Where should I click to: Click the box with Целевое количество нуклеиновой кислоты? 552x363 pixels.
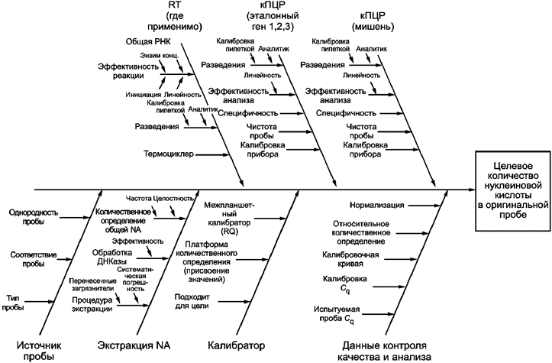(511, 190)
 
